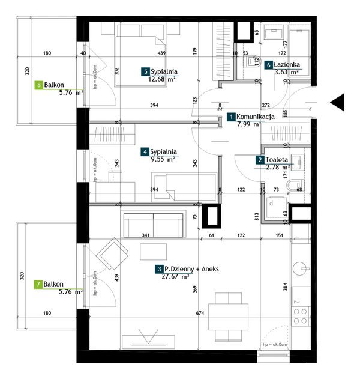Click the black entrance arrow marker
pyautogui.click(x=337, y=103)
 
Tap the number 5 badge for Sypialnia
pyautogui.click(x=146, y=72)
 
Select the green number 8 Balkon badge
pyautogui.click(x=39, y=86)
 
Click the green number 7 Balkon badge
pyautogui.click(x=39, y=284)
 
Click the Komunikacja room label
pyautogui.click(x=256, y=117)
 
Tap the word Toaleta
pyautogui.click(x=277, y=160)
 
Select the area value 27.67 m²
pyautogui.click(x=176, y=277)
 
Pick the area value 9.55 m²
pyautogui.click(x=162, y=160)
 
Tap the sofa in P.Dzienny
pyautogui.click(x=154, y=224)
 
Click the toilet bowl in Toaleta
pyautogui.click(x=295, y=184)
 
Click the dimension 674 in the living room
pyautogui.click(x=200, y=313)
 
